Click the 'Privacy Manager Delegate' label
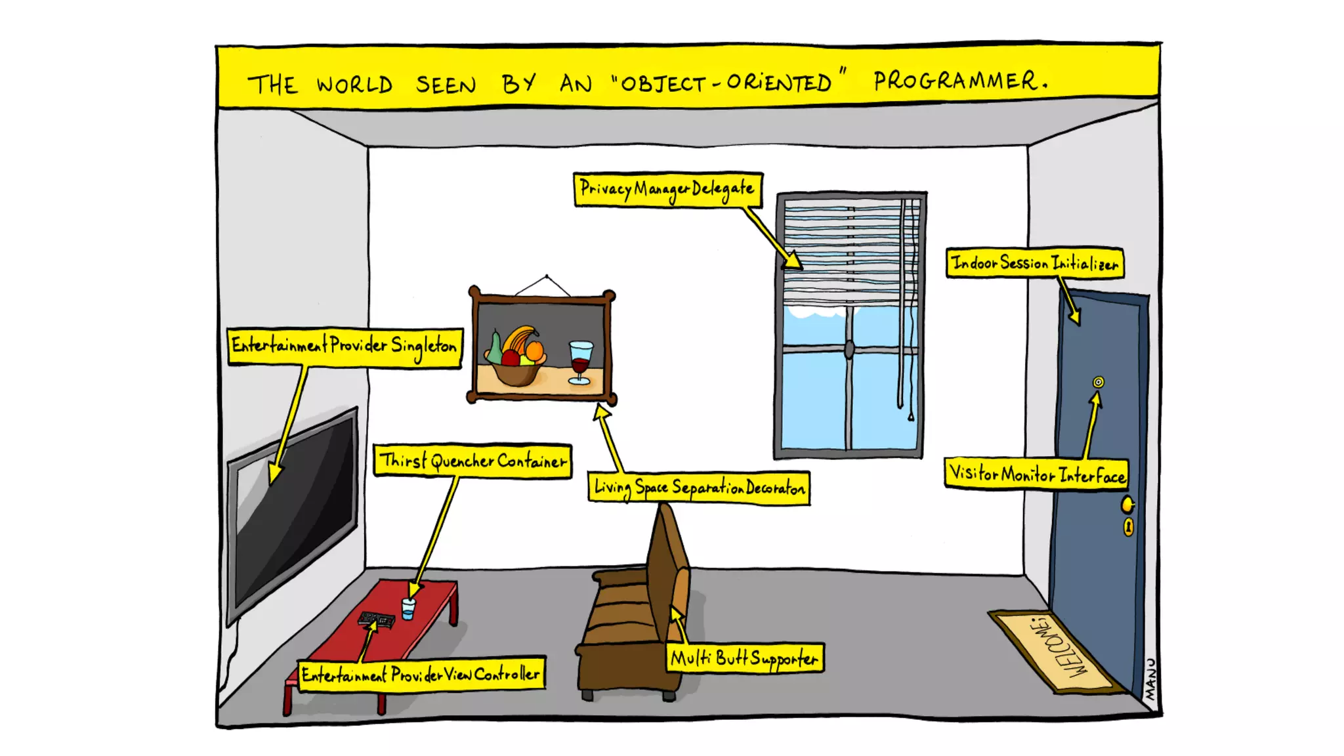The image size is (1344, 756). [667, 190]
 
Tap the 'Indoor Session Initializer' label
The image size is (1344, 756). [1034, 263]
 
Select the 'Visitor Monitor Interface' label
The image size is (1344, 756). [1036, 473]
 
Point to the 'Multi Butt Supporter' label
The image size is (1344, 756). [745, 658]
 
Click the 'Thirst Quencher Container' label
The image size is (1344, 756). [472, 461]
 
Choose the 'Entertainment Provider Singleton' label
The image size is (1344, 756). [344, 345]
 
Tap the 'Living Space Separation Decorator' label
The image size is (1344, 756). [699, 488]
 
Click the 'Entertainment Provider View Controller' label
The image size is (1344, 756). [421, 674]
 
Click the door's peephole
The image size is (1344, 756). [1098, 382]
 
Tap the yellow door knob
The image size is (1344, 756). [1127, 505]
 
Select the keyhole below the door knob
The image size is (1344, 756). [1128, 526]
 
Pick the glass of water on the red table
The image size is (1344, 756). [408, 608]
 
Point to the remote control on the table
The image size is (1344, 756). [376, 619]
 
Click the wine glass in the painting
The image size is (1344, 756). [580, 361]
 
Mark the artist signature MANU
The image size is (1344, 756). [1150, 679]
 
